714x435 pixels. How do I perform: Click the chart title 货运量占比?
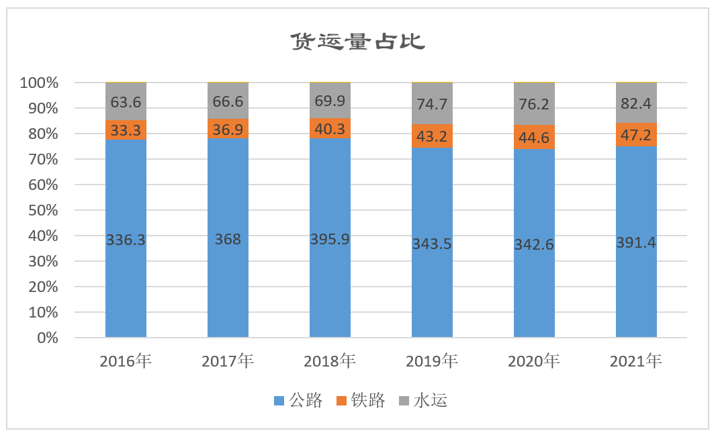(357, 42)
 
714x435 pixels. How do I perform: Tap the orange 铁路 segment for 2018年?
(330, 128)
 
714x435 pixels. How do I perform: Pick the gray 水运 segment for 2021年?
(636, 102)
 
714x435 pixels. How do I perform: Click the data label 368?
(228, 240)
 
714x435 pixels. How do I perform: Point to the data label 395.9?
(330, 240)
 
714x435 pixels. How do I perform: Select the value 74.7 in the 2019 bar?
(432, 103)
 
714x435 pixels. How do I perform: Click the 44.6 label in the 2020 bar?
(534, 138)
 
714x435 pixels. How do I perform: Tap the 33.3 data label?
(126, 131)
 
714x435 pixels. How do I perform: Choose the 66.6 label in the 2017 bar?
(228, 102)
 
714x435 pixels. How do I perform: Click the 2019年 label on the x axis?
(432, 362)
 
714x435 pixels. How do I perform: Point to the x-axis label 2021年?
(636, 362)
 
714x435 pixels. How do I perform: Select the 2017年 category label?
(228, 362)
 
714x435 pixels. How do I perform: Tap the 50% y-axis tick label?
(43, 211)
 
